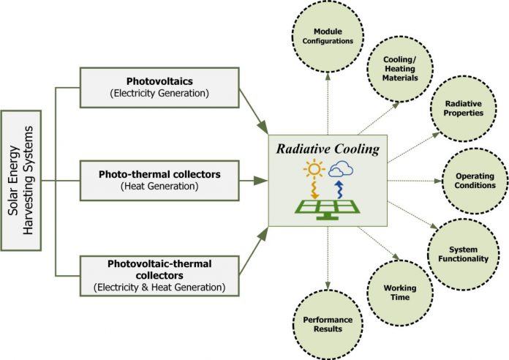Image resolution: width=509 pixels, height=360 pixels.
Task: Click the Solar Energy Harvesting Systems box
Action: coord(21,181)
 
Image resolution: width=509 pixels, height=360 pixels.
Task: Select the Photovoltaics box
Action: coord(159,88)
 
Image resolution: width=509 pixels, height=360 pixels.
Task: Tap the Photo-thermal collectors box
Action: coord(159,180)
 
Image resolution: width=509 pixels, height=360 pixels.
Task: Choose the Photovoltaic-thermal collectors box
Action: coord(159,276)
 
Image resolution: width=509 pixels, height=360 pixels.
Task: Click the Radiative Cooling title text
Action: coord(328,149)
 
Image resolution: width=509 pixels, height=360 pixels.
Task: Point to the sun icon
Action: coord(314,169)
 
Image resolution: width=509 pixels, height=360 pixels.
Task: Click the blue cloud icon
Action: coord(341,169)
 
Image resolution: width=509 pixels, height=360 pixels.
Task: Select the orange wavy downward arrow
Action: coord(314,190)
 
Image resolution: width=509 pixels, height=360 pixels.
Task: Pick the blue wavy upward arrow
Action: coord(339,190)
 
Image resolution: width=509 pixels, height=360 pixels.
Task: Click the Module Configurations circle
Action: coord(328,37)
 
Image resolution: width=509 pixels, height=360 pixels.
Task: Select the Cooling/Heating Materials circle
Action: coord(400,69)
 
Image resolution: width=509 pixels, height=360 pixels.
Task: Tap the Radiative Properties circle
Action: coord(463,108)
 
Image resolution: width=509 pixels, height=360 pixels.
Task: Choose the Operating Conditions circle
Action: coord(475,181)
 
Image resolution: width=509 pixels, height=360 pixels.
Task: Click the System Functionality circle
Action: coord(463,254)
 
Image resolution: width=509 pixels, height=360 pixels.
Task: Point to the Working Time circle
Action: coord(400,293)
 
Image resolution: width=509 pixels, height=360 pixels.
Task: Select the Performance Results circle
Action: coord(328,324)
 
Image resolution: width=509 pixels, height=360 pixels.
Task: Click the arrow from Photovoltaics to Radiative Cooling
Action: coord(254,110)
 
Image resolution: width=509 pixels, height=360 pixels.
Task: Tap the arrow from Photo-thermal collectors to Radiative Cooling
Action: coord(254,181)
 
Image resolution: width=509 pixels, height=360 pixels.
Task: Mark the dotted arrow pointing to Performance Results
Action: coord(328,258)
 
